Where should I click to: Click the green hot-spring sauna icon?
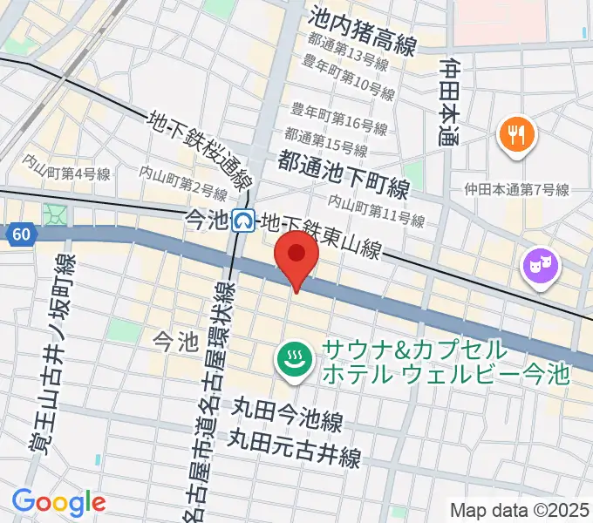pos(295,359)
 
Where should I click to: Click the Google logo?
pos(58,501)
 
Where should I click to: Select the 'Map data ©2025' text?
pos(520,510)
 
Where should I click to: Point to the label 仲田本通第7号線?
pos(516,190)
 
